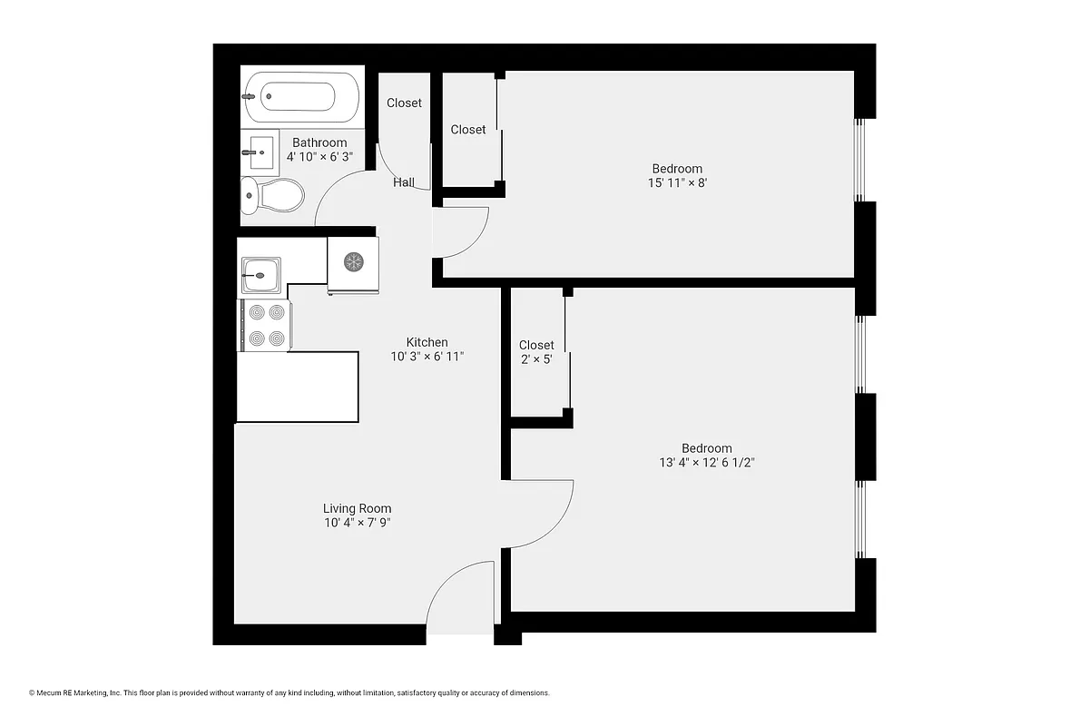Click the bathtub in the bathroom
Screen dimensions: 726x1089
(x=299, y=96)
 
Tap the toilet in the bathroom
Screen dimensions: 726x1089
(x=273, y=194)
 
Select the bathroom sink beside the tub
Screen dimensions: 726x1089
(x=259, y=152)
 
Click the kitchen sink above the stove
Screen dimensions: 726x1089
(x=261, y=271)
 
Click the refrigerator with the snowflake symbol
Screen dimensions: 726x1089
(x=353, y=263)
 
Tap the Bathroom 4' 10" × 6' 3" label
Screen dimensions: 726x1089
(x=319, y=150)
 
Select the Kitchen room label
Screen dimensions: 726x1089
(x=427, y=342)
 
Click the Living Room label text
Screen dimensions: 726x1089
(x=357, y=508)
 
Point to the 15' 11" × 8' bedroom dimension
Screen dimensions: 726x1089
(x=677, y=182)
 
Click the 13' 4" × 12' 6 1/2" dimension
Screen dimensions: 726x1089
(x=707, y=462)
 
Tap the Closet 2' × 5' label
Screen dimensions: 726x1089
(x=536, y=352)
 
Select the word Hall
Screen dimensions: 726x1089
(x=404, y=182)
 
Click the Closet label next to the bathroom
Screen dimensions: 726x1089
(x=404, y=103)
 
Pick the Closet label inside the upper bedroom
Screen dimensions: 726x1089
(x=468, y=130)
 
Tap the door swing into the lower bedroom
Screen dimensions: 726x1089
(x=543, y=513)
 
